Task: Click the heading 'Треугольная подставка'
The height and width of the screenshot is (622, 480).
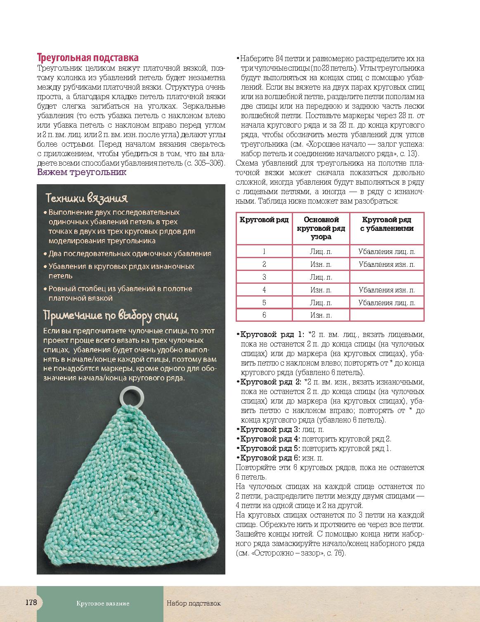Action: click(x=87, y=57)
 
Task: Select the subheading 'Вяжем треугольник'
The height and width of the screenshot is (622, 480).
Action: click(x=82, y=172)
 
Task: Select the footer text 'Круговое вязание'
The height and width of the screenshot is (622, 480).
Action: click(x=103, y=603)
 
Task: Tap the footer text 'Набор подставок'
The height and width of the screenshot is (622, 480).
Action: click(x=194, y=603)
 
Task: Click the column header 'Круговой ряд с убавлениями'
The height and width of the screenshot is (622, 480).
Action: click(x=387, y=224)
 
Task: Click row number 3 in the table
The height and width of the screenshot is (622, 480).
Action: click(x=264, y=277)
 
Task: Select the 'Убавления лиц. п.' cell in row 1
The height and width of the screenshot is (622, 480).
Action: click(x=387, y=252)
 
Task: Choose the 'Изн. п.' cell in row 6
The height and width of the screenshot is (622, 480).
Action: click(x=321, y=315)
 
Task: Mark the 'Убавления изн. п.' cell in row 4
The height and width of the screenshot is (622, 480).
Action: click(x=387, y=290)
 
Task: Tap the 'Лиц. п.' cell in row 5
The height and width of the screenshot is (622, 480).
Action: click(x=321, y=303)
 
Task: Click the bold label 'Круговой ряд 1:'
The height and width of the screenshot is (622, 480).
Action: click(x=272, y=335)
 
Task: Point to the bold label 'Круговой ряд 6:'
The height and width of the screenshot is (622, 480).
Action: click(x=270, y=458)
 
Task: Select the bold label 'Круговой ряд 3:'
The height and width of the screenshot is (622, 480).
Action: click(x=270, y=430)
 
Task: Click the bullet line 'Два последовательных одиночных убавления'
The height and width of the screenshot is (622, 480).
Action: click(x=130, y=254)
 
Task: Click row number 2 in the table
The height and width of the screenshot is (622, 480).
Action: click(x=264, y=264)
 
